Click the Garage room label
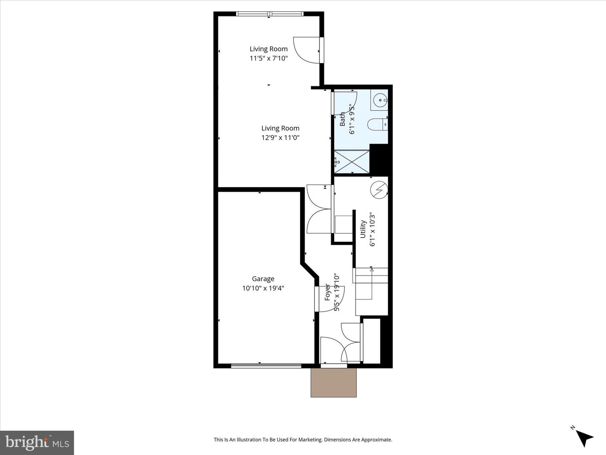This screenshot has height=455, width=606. (x=263, y=278)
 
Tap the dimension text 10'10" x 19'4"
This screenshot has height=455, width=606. (x=263, y=288)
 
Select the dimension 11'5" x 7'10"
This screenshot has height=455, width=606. (x=268, y=58)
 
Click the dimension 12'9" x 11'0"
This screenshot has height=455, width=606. (x=280, y=137)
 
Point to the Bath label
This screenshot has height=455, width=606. (x=343, y=119)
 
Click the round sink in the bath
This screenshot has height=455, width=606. (x=380, y=100)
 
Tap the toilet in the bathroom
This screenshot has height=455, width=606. (x=377, y=125)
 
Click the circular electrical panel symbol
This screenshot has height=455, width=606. (x=378, y=190)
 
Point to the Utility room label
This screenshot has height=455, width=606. (x=363, y=229)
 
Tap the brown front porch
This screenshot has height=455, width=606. (x=334, y=383)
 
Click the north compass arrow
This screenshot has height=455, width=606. (x=584, y=437)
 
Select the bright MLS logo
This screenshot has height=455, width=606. (x=37, y=442)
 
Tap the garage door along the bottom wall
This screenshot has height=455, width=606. (x=266, y=366)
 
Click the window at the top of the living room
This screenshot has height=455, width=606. (x=270, y=14)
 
